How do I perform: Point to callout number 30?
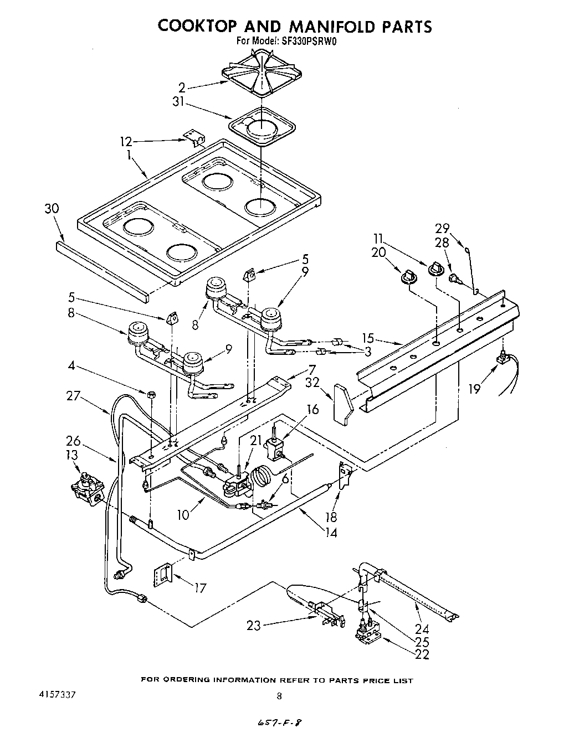52,209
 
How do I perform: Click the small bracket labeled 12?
192,138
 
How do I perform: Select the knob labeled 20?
410,276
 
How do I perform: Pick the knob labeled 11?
437,269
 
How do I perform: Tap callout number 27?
73,396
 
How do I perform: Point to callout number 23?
254,626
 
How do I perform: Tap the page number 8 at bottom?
280,696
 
